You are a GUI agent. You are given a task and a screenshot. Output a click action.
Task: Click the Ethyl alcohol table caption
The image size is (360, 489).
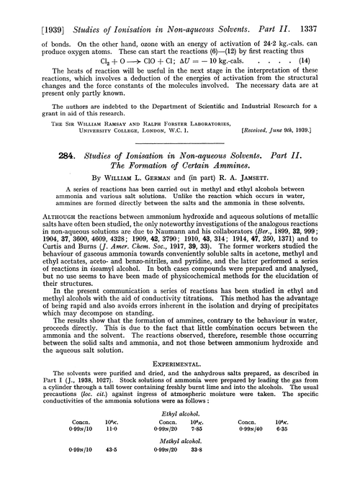180,448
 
